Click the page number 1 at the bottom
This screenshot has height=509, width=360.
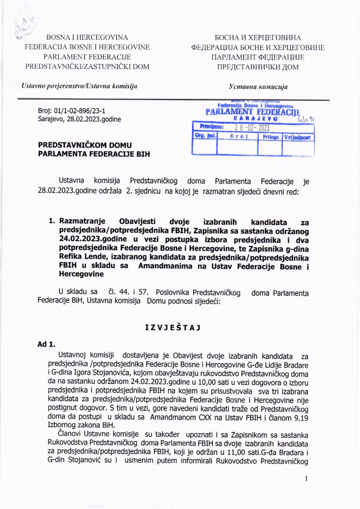(306, 479)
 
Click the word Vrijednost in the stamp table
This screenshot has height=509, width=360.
(297, 137)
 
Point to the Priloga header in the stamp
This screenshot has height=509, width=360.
(270, 137)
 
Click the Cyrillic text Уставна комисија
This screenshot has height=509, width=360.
(258, 86)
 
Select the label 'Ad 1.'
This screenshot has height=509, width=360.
(46, 344)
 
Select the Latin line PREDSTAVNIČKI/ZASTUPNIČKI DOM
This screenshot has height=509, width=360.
(88, 67)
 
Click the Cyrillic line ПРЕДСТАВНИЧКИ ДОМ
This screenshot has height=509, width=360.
(258, 67)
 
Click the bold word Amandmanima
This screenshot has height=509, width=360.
(165, 266)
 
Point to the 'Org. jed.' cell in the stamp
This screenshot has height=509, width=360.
(205, 135)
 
